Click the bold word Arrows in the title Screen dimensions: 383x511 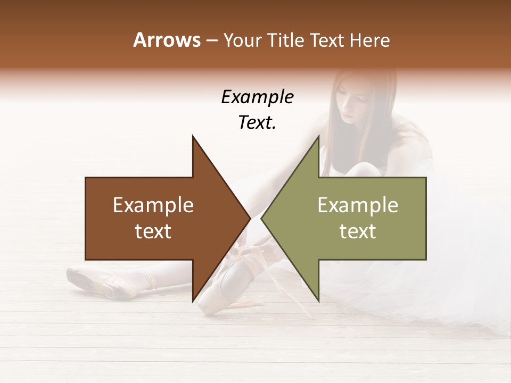pyautogui.click(x=167, y=40)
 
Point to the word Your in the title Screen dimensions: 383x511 pyautogui.click(x=243, y=40)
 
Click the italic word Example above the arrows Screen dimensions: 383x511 pyautogui.click(x=257, y=97)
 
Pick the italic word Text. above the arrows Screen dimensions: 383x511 pyautogui.click(x=257, y=123)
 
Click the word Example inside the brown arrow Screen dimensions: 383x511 pyautogui.click(x=153, y=205)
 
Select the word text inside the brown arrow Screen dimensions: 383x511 pyautogui.click(x=153, y=231)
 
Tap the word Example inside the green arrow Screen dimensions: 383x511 pyautogui.click(x=358, y=205)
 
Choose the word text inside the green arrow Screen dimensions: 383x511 pyautogui.click(x=358, y=231)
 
